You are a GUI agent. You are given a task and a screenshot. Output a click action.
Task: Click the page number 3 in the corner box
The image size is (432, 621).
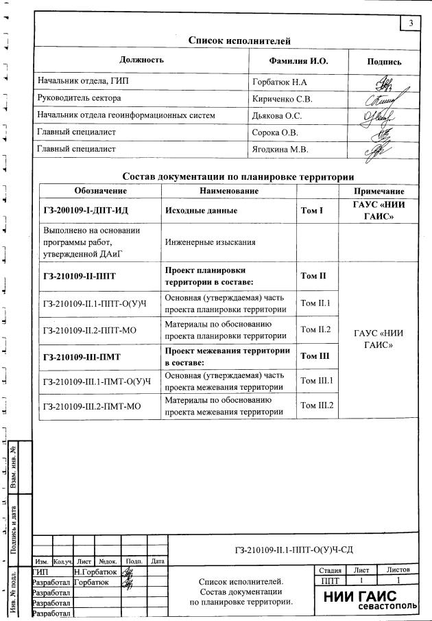tap(410, 24)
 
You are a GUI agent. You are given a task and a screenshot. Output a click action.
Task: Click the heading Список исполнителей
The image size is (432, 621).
tap(239, 41)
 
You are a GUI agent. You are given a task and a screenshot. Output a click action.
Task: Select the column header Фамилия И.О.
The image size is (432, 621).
tap(299, 61)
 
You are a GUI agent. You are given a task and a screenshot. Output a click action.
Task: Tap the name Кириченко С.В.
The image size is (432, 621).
tap(283, 99)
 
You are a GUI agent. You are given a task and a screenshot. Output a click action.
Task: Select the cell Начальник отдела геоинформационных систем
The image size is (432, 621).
tap(126, 115)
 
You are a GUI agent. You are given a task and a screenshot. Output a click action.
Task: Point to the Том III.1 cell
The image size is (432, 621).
tap(317, 380)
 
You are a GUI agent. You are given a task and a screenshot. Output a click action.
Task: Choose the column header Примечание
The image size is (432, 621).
tap(379, 191)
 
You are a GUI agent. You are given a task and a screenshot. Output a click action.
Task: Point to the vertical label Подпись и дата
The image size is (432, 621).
tap(13, 525)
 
